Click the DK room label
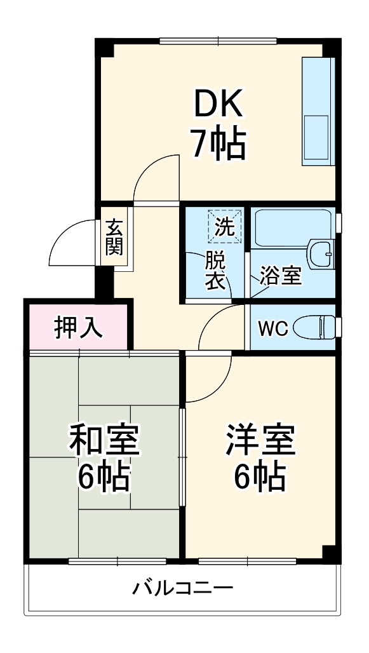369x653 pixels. point(218,105)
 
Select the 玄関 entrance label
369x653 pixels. point(114,236)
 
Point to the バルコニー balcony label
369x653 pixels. point(183,588)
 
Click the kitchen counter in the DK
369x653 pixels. point(316,112)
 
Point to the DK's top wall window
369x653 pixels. point(218,42)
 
